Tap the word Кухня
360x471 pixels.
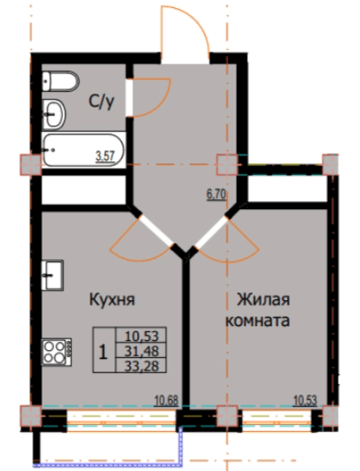point(111,301)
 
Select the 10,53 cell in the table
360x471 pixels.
point(142,336)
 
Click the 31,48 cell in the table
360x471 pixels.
point(142,351)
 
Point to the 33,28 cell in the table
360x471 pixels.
point(142,366)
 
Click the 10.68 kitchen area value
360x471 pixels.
point(168,399)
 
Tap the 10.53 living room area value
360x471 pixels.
point(307,399)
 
